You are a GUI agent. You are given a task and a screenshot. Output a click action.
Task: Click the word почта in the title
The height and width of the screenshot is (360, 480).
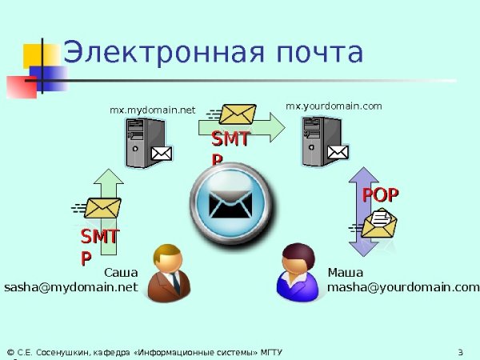(317, 53)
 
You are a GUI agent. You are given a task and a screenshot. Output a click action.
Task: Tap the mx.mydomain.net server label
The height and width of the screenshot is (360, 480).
(153, 110)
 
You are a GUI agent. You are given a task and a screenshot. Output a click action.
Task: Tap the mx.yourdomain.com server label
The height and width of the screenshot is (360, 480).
(334, 105)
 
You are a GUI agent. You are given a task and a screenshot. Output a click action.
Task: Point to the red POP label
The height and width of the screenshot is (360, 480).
(381, 194)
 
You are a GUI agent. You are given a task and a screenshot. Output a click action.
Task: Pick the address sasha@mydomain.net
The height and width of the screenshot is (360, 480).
(71, 286)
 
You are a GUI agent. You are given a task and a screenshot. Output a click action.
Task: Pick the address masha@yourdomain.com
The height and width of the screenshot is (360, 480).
(403, 286)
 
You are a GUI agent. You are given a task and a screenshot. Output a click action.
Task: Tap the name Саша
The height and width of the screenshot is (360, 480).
(122, 272)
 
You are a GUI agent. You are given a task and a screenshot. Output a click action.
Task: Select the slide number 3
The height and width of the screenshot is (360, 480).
(461, 352)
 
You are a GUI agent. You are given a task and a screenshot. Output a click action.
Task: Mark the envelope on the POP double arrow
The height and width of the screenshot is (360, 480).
(379, 222)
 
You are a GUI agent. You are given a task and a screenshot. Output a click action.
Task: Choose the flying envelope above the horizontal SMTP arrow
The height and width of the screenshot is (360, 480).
(237, 115)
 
